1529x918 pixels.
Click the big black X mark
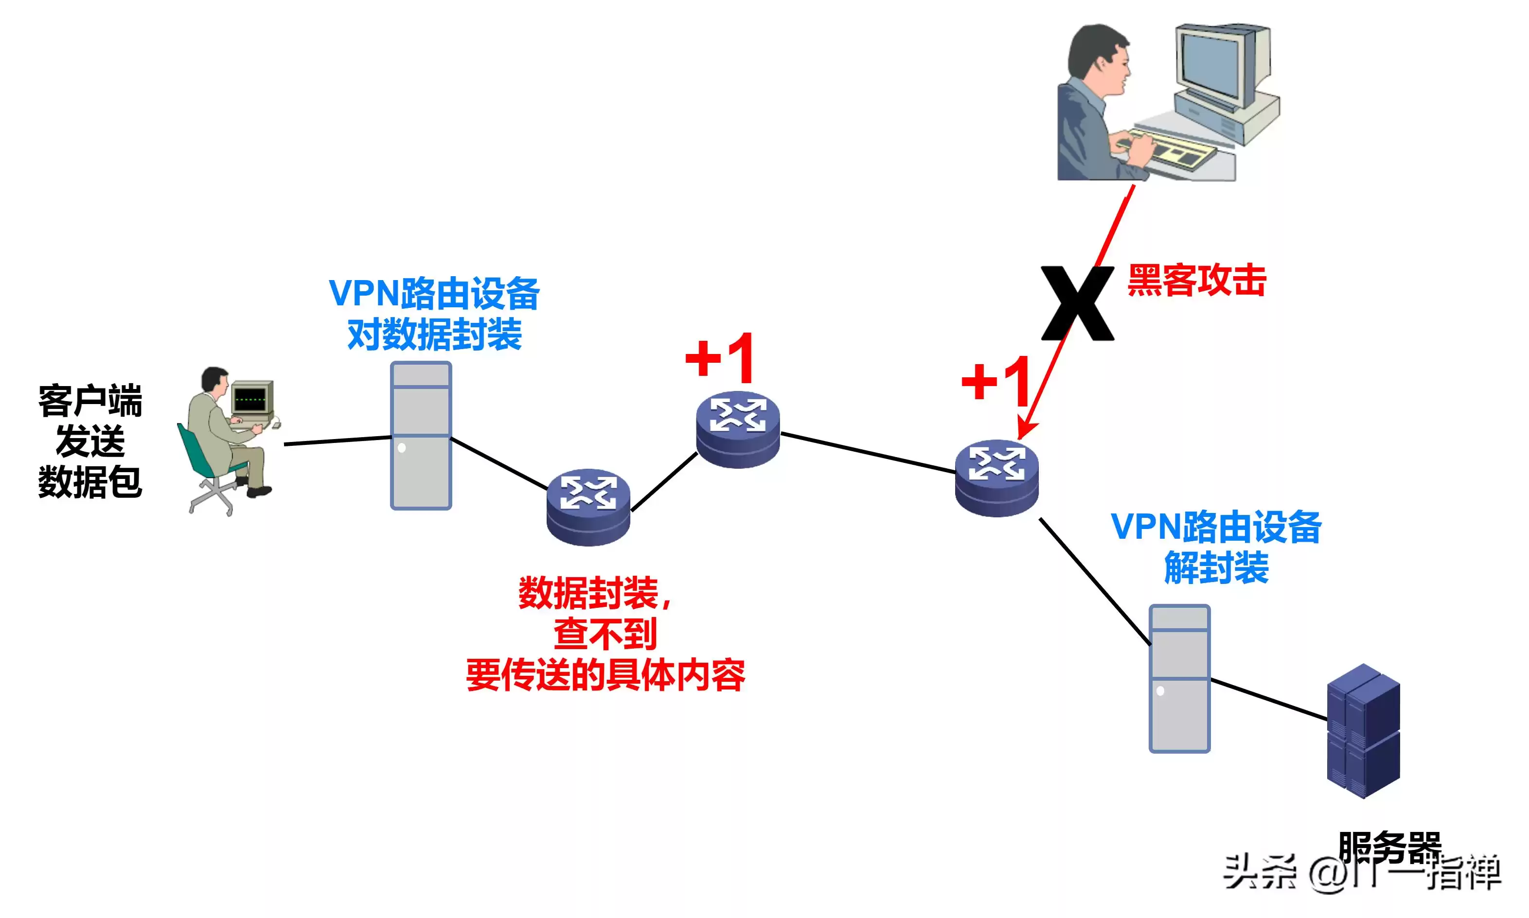coord(1077,303)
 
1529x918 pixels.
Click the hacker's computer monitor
coord(1212,68)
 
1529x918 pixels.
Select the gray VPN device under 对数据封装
coord(421,436)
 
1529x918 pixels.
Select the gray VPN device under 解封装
coord(1179,679)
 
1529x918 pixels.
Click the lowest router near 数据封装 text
coord(588,507)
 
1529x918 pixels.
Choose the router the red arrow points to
coord(996,477)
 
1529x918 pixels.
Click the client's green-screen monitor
coord(252,398)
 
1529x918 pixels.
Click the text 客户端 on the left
coord(90,401)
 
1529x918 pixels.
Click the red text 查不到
coord(605,634)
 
